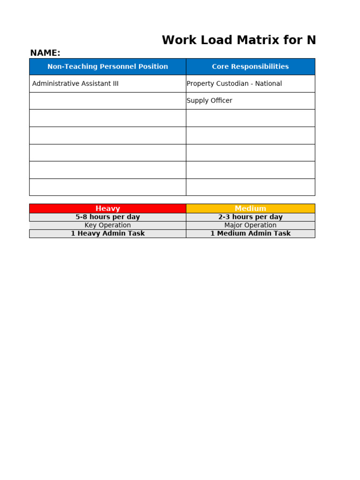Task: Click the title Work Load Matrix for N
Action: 239,40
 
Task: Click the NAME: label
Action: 45,53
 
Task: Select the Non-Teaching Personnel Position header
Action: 107,67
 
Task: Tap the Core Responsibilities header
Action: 250,67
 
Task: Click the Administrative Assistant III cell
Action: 75,83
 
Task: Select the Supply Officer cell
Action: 210,100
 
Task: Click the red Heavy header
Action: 107,209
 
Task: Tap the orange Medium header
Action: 250,209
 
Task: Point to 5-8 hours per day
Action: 107,217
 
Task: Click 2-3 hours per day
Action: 250,217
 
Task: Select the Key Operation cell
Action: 107,225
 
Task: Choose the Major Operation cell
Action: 250,225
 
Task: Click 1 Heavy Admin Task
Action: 107,233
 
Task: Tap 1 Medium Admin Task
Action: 250,233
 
